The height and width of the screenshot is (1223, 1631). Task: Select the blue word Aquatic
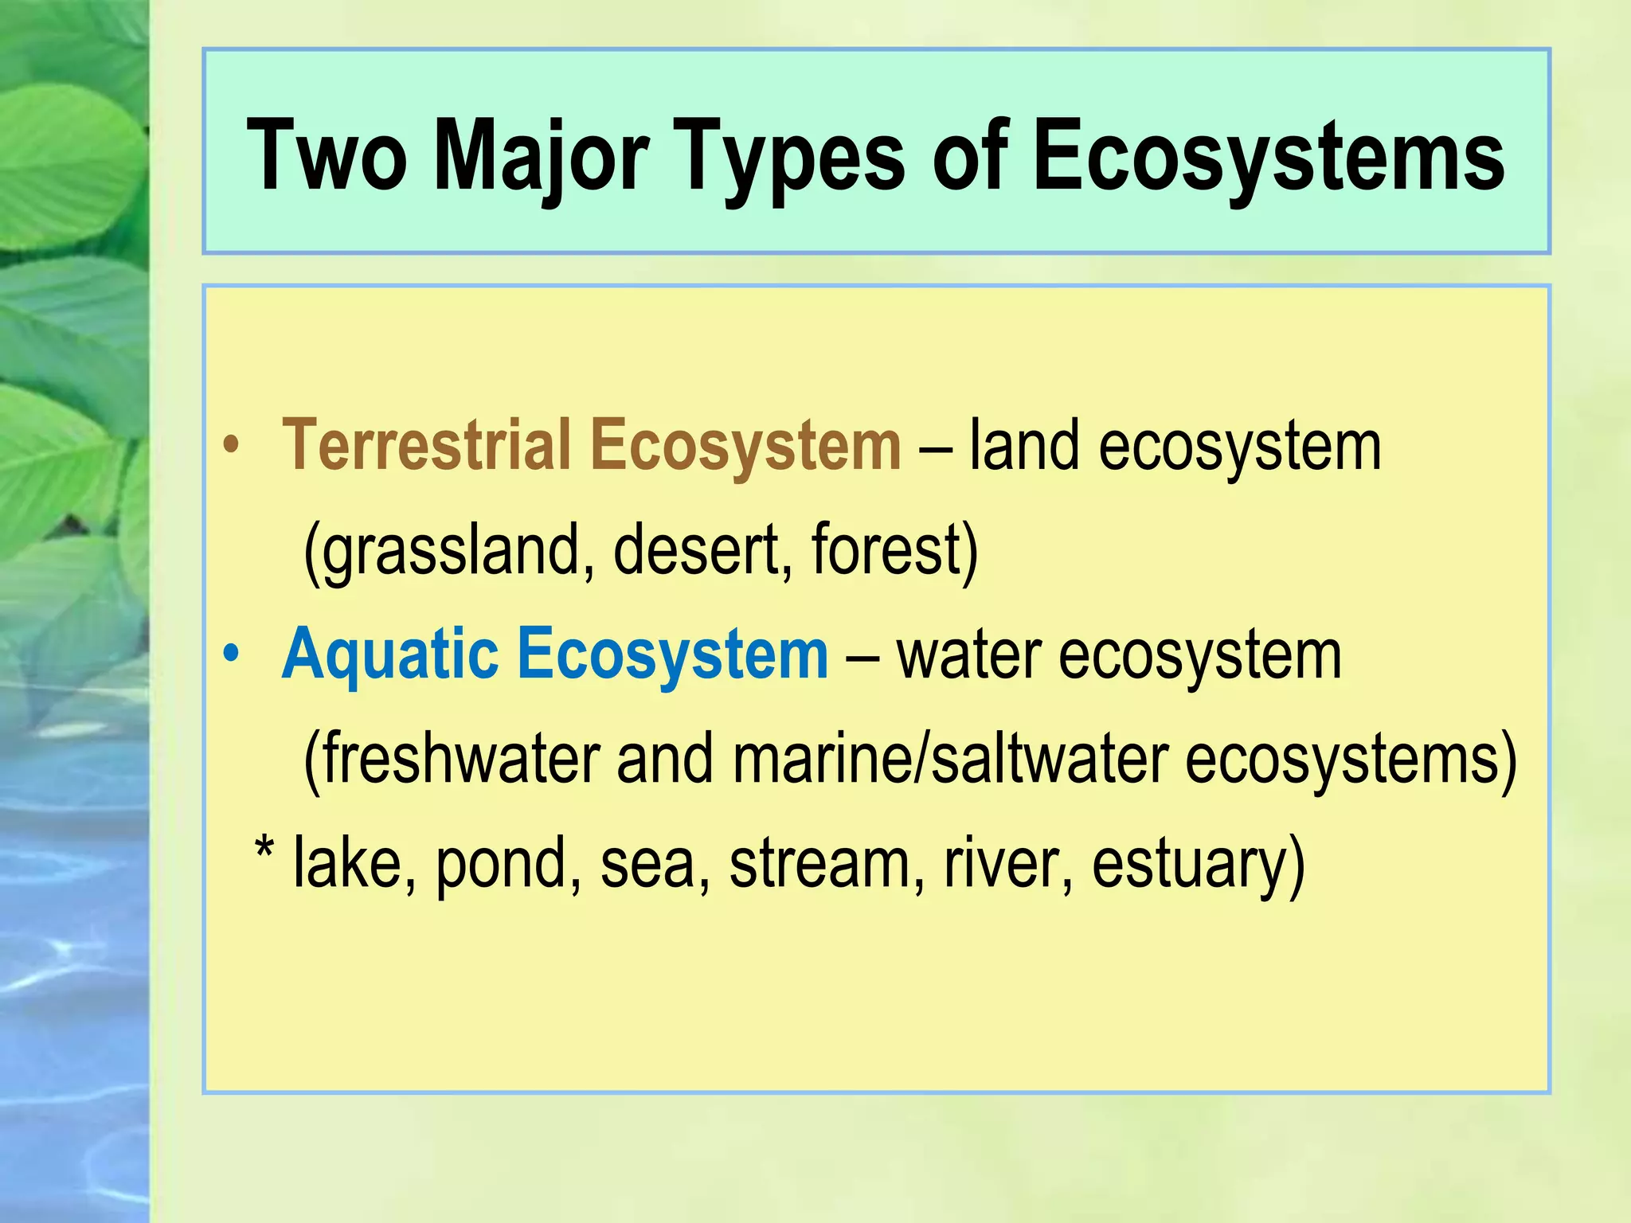389,654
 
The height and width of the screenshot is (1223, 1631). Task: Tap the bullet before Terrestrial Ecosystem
231,447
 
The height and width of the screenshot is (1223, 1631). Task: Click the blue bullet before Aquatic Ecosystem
231,655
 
